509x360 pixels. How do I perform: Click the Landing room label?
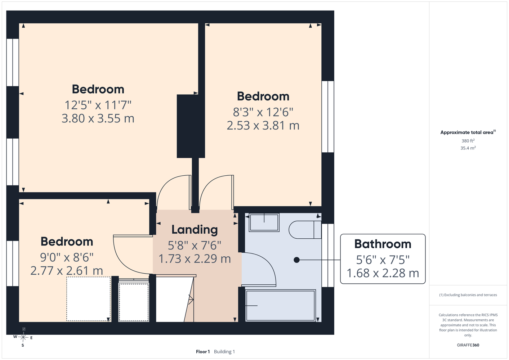(x=195, y=230)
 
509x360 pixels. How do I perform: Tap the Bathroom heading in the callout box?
(x=383, y=244)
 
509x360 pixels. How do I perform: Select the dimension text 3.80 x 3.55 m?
(x=98, y=118)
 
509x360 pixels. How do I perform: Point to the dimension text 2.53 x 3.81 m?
(x=263, y=125)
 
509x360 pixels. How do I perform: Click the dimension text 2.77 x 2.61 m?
(x=67, y=270)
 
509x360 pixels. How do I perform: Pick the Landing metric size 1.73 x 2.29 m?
(x=195, y=259)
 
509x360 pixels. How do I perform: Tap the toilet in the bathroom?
(x=305, y=230)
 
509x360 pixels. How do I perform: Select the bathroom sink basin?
(x=264, y=222)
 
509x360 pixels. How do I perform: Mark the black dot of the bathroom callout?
(x=296, y=260)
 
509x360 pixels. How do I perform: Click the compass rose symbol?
(x=23, y=337)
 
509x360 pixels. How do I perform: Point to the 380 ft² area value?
(x=468, y=141)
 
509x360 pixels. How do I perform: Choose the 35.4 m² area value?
(x=468, y=148)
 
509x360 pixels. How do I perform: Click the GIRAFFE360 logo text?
(x=468, y=345)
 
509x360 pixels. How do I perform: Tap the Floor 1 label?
(x=203, y=352)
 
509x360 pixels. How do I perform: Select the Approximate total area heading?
(x=468, y=132)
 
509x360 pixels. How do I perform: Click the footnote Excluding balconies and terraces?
(x=468, y=295)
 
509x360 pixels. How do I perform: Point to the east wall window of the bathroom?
(x=328, y=255)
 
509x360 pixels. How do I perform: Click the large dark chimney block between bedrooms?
(x=191, y=126)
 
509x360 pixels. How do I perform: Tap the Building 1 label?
(x=224, y=352)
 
